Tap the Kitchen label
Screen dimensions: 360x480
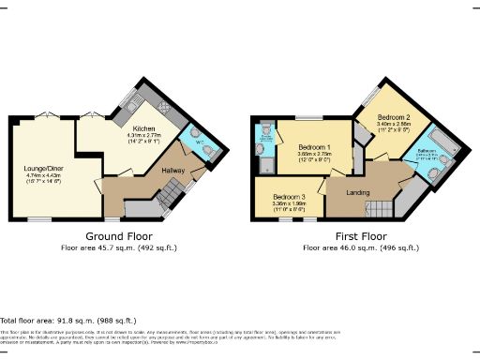coord(143,128)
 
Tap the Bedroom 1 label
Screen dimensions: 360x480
coord(311,149)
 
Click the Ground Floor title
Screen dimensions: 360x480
coord(118,236)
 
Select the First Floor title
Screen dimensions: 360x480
coord(360,236)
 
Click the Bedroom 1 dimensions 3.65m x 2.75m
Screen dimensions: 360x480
coord(312,157)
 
